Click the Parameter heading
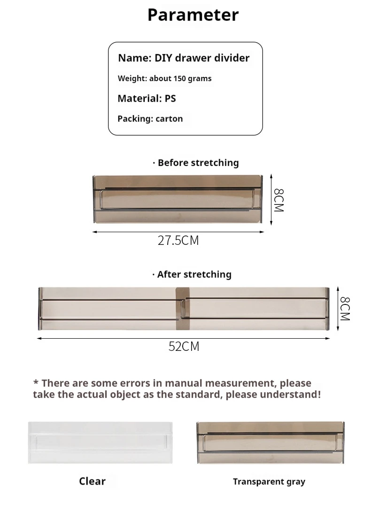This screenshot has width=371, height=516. [193, 15]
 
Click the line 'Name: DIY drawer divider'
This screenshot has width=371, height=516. [184, 58]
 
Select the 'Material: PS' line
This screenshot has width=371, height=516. [147, 99]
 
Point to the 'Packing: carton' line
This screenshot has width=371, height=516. [150, 119]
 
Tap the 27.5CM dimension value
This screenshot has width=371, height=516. [178, 241]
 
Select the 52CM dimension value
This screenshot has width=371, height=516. [184, 347]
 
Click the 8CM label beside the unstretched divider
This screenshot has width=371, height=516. [278, 200]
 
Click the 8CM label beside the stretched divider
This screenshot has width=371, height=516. [345, 308]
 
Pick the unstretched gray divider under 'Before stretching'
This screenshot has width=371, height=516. [178, 198]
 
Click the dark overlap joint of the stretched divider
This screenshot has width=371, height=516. [181, 308]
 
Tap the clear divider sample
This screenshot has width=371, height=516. [100, 442]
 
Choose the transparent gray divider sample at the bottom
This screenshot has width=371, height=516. [270, 442]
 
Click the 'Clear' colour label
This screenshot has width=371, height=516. [92, 481]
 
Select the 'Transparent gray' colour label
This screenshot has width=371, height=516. [269, 482]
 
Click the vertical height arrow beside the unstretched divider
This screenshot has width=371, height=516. [271, 199]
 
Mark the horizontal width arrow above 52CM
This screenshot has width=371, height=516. [183, 338]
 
